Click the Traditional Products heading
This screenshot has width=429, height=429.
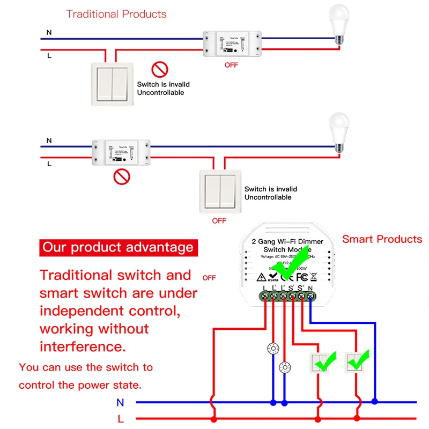coord(116,14)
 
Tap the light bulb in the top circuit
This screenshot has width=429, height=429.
coord(338,24)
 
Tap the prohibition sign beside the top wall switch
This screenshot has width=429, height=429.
coord(159,69)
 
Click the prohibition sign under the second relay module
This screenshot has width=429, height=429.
coord(123,175)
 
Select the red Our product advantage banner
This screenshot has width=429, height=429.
coord(118,248)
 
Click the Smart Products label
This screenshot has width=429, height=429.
coord(382,239)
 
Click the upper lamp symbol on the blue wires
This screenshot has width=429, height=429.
coord(273,349)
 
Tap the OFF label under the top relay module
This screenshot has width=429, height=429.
coord(231,65)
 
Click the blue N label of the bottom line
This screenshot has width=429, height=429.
coord(120,402)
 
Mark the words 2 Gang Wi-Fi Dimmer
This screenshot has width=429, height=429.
coord(285,242)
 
